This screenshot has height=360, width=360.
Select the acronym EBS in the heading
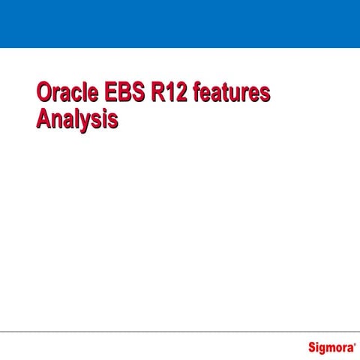tap(118, 94)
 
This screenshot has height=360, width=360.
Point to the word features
tap(232, 94)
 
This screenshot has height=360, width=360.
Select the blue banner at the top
tap(180, 23)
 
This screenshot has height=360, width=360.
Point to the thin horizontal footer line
tap(180, 331)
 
